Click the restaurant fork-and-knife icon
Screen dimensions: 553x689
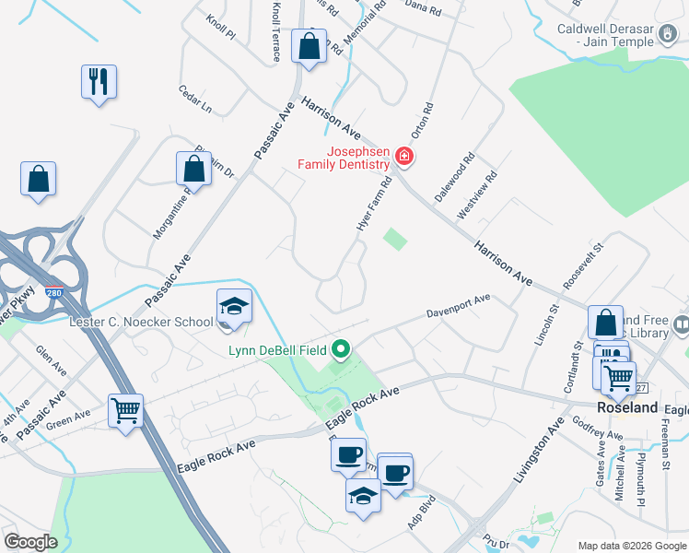click(x=98, y=82)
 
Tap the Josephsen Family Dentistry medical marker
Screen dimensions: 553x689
click(x=403, y=158)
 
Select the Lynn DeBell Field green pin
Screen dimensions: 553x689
click(x=342, y=349)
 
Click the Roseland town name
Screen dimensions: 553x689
click(x=627, y=407)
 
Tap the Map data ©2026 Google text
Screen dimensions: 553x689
click(x=631, y=545)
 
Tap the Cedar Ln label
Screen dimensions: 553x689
click(x=195, y=100)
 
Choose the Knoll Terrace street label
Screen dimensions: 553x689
click(x=276, y=30)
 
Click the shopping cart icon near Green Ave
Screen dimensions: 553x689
click(x=125, y=410)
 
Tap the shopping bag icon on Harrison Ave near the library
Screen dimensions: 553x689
click(x=605, y=323)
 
